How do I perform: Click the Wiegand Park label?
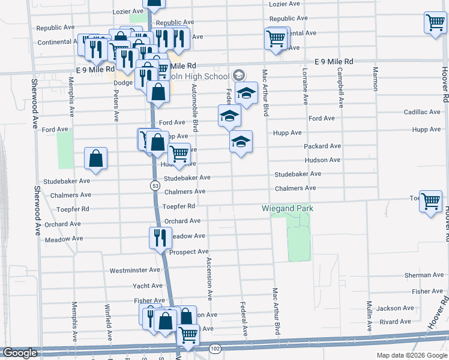288,208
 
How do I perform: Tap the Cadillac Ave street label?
422,112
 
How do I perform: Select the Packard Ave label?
322,146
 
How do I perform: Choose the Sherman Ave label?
424,275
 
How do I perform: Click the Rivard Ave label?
395,322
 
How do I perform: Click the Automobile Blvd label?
194,108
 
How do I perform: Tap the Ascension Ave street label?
209,278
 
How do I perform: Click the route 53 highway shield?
155,187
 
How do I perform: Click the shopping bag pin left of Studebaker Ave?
95,159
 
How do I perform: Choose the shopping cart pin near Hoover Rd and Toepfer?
430,202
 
